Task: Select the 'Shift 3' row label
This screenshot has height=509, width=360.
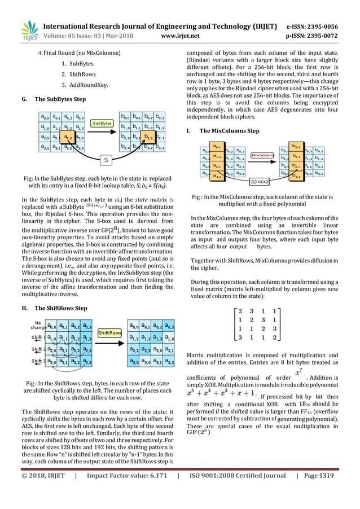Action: click(x=38, y=361)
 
